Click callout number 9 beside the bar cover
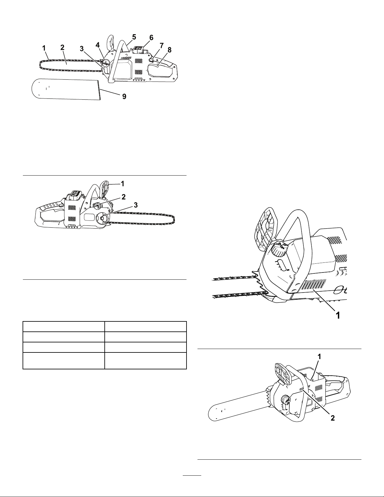point(124,97)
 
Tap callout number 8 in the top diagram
point(169,50)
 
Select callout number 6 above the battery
point(151,38)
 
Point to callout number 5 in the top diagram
point(134,37)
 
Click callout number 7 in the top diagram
point(162,46)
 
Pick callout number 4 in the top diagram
point(98,45)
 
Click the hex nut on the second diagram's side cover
point(103,219)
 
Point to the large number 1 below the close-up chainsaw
point(337,315)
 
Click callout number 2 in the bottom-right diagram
point(333,425)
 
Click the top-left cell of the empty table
point(64,326)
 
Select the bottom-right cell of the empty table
point(145,361)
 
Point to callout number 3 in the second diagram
point(135,205)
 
